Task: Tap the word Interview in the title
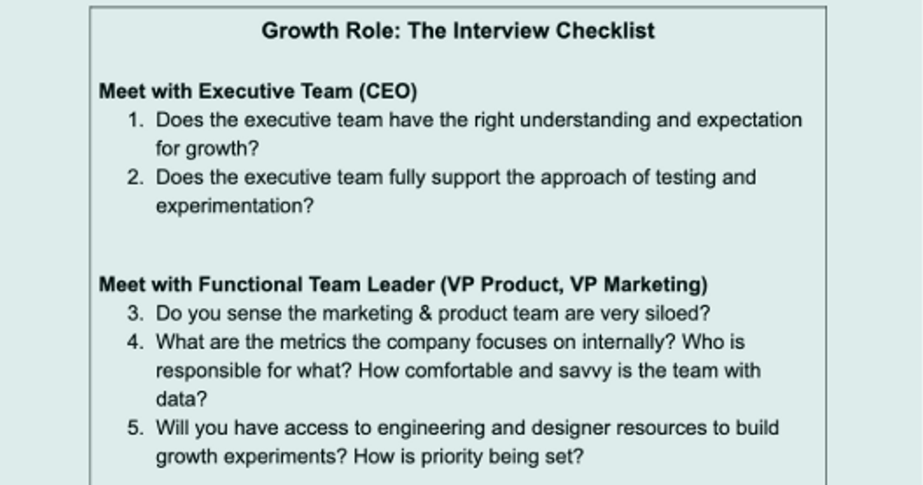pyautogui.click(x=500, y=31)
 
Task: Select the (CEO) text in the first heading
pyautogui.click(x=388, y=92)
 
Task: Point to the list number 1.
pyautogui.click(x=136, y=120)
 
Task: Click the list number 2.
pyautogui.click(x=135, y=178)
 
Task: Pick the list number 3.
pyautogui.click(x=135, y=313)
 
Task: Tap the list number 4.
pyautogui.click(x=135, y=342)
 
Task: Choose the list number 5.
pyautogui.click(x=135, y=428)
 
